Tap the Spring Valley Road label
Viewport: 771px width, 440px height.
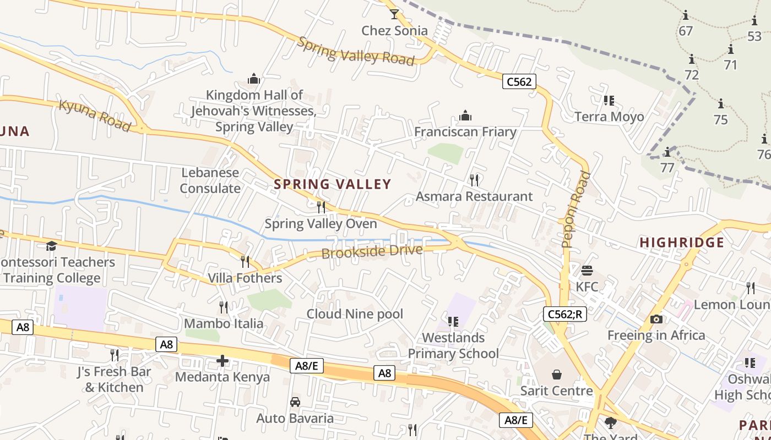click(x=356, y=51)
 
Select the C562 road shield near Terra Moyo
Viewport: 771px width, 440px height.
click(x=519, y=82)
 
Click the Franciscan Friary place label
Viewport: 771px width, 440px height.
click(x=465, y=132)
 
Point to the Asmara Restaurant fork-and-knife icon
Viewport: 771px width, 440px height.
click(x=474, y=179)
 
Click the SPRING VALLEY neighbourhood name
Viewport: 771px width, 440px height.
click(x=333, y=184)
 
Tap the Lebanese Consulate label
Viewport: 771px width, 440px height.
click(x=210, y=180)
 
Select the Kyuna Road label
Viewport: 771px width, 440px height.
click(x=95, y=116)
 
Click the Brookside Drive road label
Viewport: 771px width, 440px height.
click(x=372, y=252)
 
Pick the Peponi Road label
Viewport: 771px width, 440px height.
click(x=576, y=209)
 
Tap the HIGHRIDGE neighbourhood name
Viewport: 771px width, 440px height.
click(x=682, y=243)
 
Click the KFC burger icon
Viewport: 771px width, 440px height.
click(x=587, y=271)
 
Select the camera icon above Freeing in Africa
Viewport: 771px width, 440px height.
click(x=656, y=319)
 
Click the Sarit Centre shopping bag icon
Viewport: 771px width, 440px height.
click(x=557, y=375)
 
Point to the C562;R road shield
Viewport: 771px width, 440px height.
click(x=564, y=315)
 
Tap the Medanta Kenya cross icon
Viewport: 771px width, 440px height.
click(x=222, y=361)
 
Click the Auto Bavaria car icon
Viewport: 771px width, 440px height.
click(x=295, y=402)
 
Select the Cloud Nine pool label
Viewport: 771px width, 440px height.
click(x=355, y=314)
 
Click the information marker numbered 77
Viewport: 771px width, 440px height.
click(x=667, y=152)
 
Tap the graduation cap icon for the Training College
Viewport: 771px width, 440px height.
click(x=51, y=246)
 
